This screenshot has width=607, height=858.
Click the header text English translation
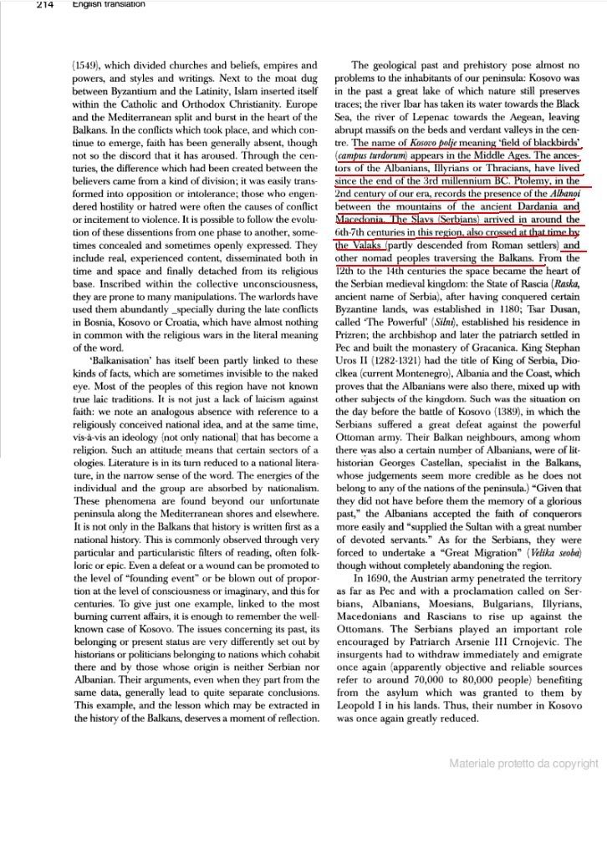tap(108, 5)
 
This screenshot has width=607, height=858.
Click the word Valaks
tap(365, 246)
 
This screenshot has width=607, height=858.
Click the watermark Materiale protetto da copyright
tap(523, 763)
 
